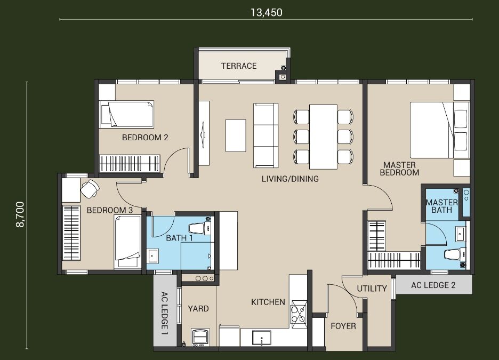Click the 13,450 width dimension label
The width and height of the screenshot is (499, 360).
tap(267, 12)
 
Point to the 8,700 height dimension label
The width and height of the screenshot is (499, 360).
tap(20, 214)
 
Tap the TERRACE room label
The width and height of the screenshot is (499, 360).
tap(239, 66)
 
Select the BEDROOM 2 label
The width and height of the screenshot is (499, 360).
tap(145, 138)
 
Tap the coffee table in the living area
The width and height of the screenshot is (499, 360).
tap(236, 135)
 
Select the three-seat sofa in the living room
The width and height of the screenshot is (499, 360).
tap(265, 135)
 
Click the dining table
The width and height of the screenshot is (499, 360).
tap(323, 137)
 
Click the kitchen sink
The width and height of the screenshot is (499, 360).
tap(262, 338)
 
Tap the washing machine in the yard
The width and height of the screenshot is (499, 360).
tap(200, 337)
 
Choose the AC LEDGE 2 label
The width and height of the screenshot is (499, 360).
tap(433, 285)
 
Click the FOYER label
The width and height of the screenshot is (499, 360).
tap(343, 326)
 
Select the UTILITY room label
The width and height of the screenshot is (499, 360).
tap(372, 289)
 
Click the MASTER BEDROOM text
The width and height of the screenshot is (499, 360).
tap(399, 169)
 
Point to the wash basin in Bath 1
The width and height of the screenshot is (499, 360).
tap(153, 255)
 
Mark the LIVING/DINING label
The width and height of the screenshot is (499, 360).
tap(290, 179)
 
